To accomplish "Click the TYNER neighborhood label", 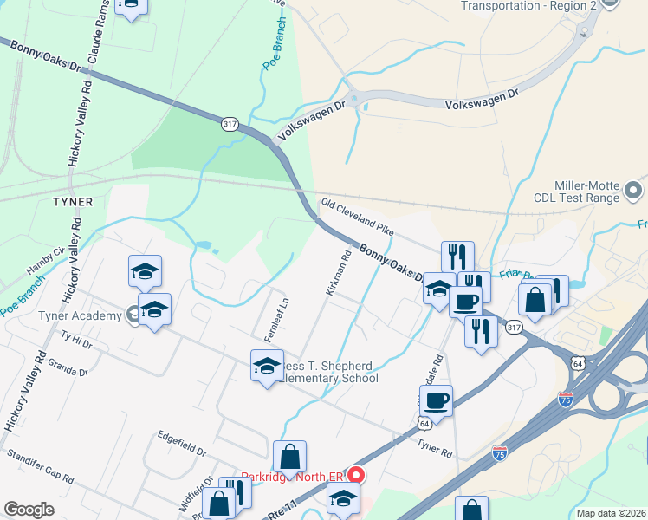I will click(x=74, y=201).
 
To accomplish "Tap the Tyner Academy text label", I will click(x=80, y=315).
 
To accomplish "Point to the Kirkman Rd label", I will click(x=337, y=273).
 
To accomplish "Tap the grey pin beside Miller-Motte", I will click(x=635, y=189).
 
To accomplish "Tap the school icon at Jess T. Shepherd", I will click(x=267, y=366).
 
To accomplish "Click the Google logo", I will click(x=29, y=510).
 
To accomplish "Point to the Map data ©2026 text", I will click(x=612, y=512).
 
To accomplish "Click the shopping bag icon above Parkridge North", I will click(x=289, y=456).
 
